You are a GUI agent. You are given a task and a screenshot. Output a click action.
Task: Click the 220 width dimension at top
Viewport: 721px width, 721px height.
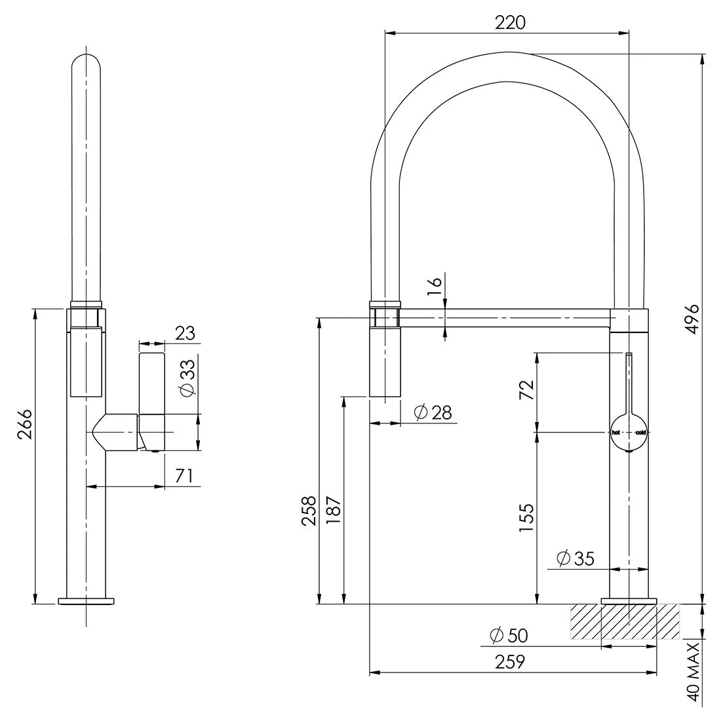pos(510,22)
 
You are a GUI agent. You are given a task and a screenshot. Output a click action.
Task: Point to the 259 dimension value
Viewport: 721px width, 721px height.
pos(509,662)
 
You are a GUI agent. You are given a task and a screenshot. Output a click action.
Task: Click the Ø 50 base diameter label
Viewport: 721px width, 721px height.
pos(509,636)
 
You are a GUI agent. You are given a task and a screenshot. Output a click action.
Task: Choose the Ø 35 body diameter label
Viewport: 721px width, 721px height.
pos(575,558)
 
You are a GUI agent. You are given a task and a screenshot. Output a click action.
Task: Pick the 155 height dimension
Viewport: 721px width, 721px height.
pos(527,518)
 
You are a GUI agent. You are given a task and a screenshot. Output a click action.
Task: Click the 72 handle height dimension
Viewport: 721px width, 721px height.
pos(527,390)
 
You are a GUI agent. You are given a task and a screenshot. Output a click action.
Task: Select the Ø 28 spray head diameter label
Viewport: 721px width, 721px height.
pos(433,412)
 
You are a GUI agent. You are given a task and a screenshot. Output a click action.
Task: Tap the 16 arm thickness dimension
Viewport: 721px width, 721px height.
pos(435,286)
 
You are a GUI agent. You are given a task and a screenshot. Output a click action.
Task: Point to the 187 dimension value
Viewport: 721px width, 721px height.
pos(334,511)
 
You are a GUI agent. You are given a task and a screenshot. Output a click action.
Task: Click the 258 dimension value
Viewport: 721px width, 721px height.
pos(309,511)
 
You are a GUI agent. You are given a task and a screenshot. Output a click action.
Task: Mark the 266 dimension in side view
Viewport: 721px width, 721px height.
pos(25,424)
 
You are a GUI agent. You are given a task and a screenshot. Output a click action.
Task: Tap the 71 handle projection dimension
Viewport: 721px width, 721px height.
pos(184,476)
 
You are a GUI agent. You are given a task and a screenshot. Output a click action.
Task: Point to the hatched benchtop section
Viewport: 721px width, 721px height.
pos(625,621)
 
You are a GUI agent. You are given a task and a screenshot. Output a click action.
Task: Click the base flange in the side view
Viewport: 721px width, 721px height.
pos(86,600)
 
